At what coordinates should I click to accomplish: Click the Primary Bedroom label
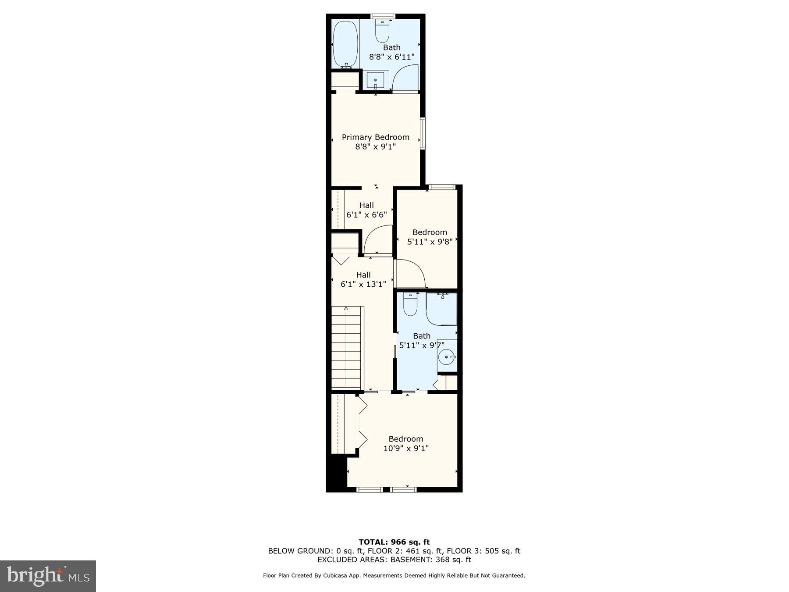[376, 137]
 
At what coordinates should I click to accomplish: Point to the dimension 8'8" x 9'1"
[376, 146]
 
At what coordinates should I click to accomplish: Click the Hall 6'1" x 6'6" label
[366, 210]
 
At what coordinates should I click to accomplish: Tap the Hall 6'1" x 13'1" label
[363, 279]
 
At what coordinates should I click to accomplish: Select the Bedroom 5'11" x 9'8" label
[430, 237]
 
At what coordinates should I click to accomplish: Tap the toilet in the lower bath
[410, 304]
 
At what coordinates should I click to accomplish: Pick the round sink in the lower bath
[447, 357]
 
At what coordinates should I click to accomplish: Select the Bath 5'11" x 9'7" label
[422, 340]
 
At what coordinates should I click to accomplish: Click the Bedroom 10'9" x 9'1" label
[406, 443]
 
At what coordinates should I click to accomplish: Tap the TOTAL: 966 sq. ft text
[394, 542]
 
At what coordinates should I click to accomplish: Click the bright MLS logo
[48, 576]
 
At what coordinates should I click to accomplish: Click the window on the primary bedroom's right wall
[423, 133]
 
